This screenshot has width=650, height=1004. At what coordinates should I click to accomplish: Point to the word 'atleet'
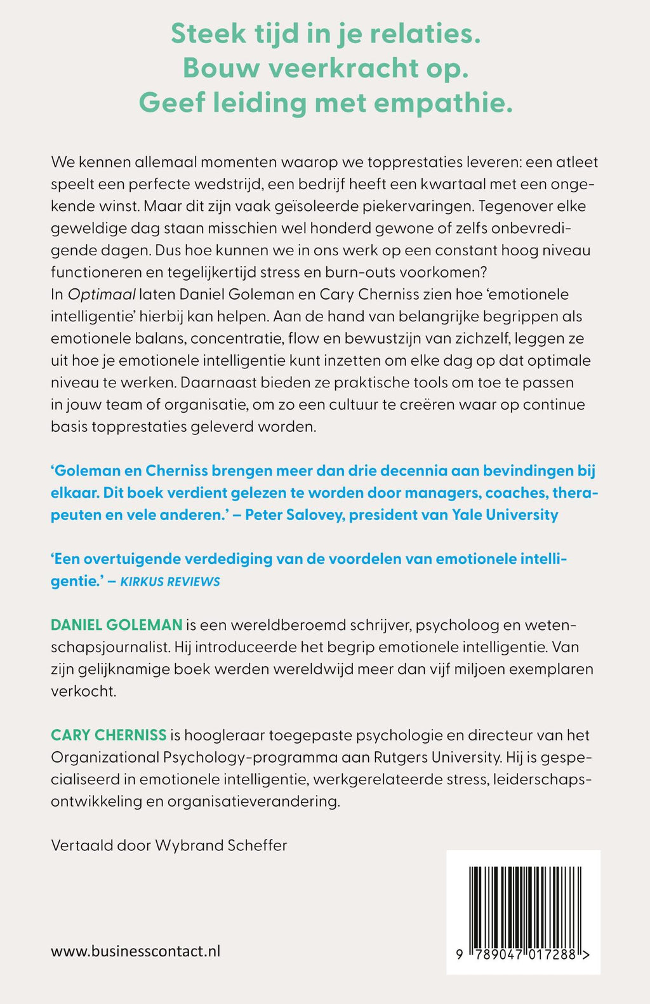576,162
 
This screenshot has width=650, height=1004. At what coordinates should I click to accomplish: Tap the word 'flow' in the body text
303,338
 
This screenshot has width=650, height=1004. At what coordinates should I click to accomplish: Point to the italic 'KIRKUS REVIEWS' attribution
170,581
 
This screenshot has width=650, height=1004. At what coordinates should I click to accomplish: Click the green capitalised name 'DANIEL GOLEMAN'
117,625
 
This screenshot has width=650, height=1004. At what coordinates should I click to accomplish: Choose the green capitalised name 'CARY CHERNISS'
109,735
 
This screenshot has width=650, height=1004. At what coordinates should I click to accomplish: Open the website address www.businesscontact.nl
136,951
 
